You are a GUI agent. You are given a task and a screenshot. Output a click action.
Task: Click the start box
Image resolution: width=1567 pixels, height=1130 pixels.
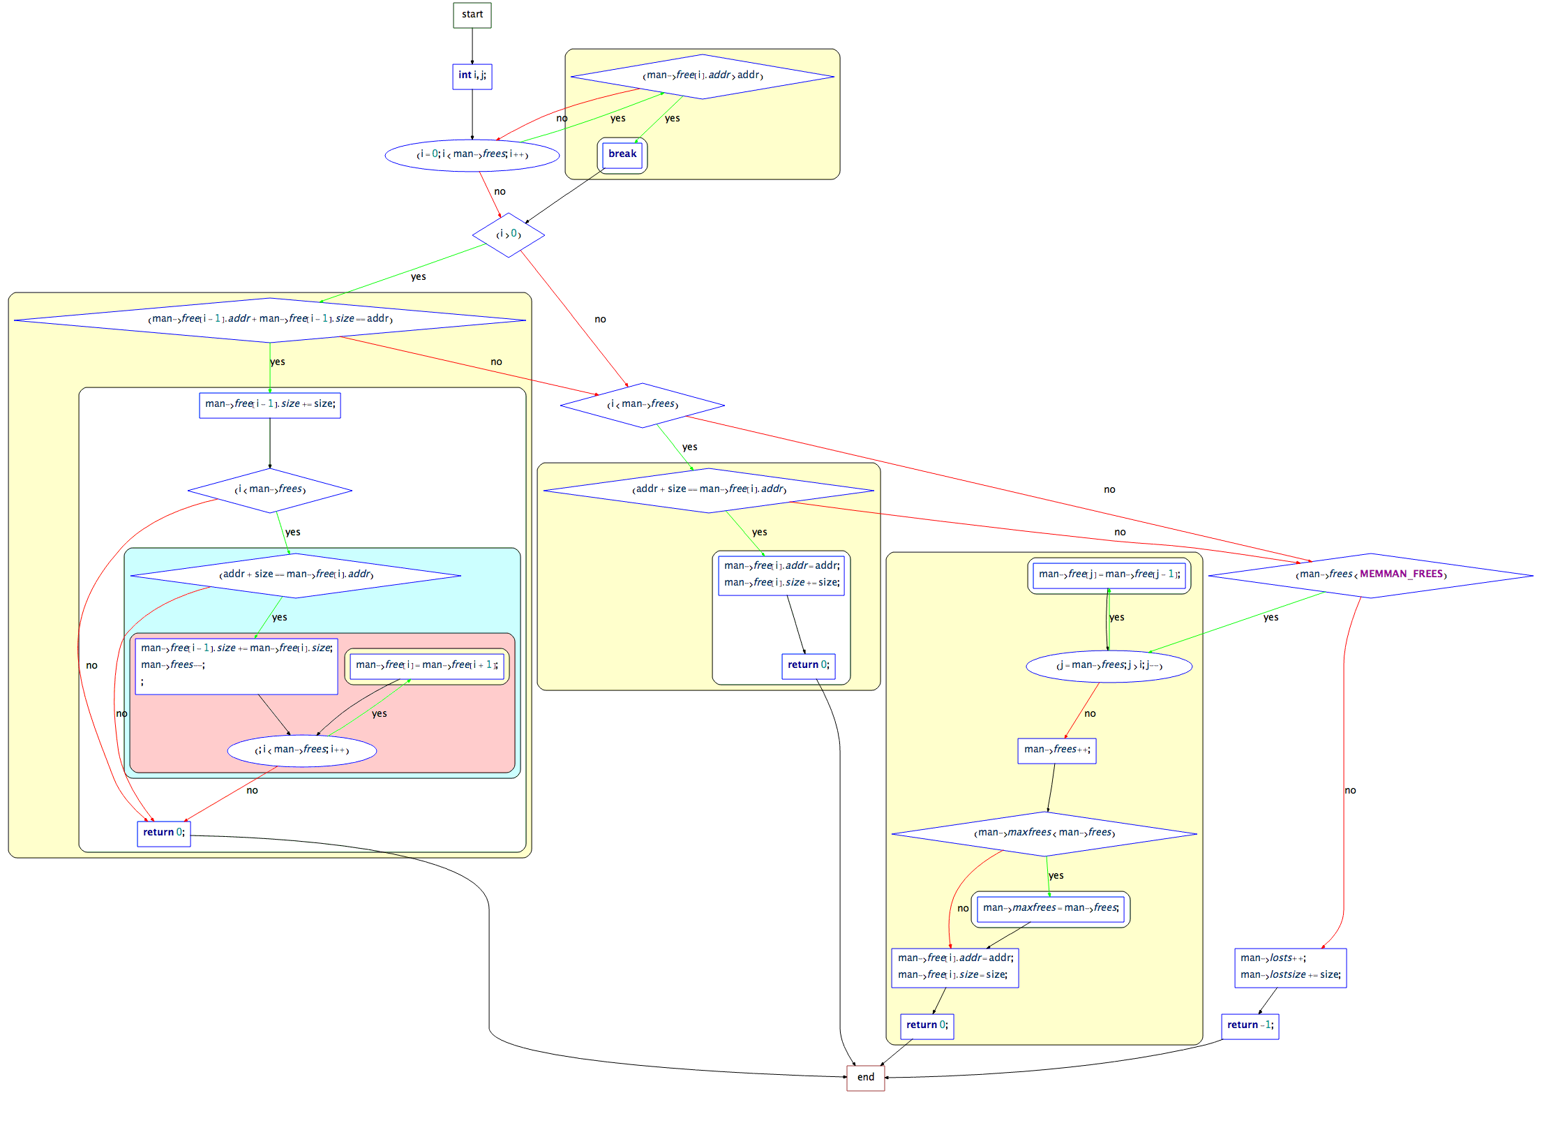pos(472,15)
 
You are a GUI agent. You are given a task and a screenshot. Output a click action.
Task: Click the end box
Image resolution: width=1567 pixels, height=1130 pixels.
pos(865,1078)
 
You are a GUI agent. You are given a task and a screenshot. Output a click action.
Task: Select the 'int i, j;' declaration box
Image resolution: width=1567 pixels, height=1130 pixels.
pos(472,76)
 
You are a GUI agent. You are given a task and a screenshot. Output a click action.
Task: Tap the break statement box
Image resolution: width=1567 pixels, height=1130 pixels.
pos(622,154)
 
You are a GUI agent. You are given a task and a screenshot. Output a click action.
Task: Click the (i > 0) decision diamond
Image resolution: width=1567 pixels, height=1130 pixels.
pos(509,235)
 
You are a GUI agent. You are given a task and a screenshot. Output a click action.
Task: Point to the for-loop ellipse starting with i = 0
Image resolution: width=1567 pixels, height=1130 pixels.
pos(472,155)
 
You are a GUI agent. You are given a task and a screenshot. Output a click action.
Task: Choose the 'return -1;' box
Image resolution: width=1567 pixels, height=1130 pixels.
pos(1250,1025)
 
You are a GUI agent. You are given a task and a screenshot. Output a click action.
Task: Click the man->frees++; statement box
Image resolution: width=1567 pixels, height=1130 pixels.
pos(1056,750)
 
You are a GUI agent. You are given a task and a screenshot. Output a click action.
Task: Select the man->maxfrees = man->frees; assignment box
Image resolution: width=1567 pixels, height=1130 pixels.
pos(1050,908)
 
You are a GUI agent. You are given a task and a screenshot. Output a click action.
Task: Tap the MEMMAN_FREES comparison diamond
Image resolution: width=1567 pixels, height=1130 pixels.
pos(1370,575)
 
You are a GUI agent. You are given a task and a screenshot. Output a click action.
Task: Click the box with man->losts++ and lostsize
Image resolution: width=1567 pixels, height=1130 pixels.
pos(1290,967)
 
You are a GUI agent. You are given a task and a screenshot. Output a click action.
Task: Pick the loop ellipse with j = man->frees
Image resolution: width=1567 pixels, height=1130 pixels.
pos(1109,666)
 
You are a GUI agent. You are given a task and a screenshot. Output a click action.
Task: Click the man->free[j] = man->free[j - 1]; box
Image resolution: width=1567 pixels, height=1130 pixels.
pos(1109,575)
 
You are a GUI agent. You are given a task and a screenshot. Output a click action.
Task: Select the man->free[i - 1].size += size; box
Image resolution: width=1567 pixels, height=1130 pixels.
pos(270,405)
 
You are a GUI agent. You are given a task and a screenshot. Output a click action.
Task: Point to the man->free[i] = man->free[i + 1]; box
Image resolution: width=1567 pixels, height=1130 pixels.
pos(426,666)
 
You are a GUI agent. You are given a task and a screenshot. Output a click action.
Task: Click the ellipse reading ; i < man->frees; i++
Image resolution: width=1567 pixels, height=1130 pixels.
pos(301,750)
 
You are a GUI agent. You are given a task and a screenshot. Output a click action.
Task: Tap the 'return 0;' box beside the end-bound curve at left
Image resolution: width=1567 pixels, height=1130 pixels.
pos(164,833)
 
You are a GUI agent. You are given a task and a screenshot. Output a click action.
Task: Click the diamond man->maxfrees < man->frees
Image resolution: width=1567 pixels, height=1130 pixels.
pos(1044,833)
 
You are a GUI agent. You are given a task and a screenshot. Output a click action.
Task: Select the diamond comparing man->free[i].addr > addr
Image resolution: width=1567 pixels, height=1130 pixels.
pos(702,76)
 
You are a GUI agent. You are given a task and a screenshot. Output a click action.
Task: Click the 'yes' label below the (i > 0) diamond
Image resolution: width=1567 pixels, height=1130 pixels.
pos(418,277)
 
